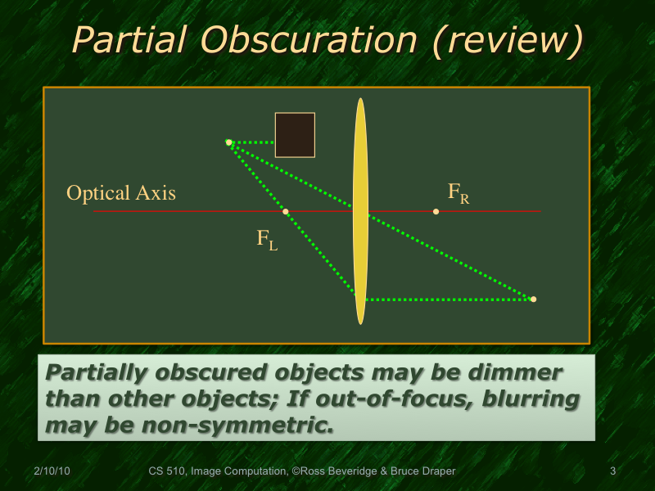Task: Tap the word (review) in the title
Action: [x=507, y=39]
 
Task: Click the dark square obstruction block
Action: [x=295, y=135]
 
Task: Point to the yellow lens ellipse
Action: [x=360, y=211]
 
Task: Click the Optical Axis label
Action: [x=121, y=194]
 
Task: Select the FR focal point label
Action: [x=458, y=193]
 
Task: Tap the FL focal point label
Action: [x=267, y=240]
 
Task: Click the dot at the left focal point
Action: [x=286, y=212]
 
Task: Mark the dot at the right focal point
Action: [x=436, y=212]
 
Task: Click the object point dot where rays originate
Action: [x=229, y=142]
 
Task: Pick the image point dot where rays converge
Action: [x=533, y=300]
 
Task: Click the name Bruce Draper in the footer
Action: [x=421, y=471]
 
